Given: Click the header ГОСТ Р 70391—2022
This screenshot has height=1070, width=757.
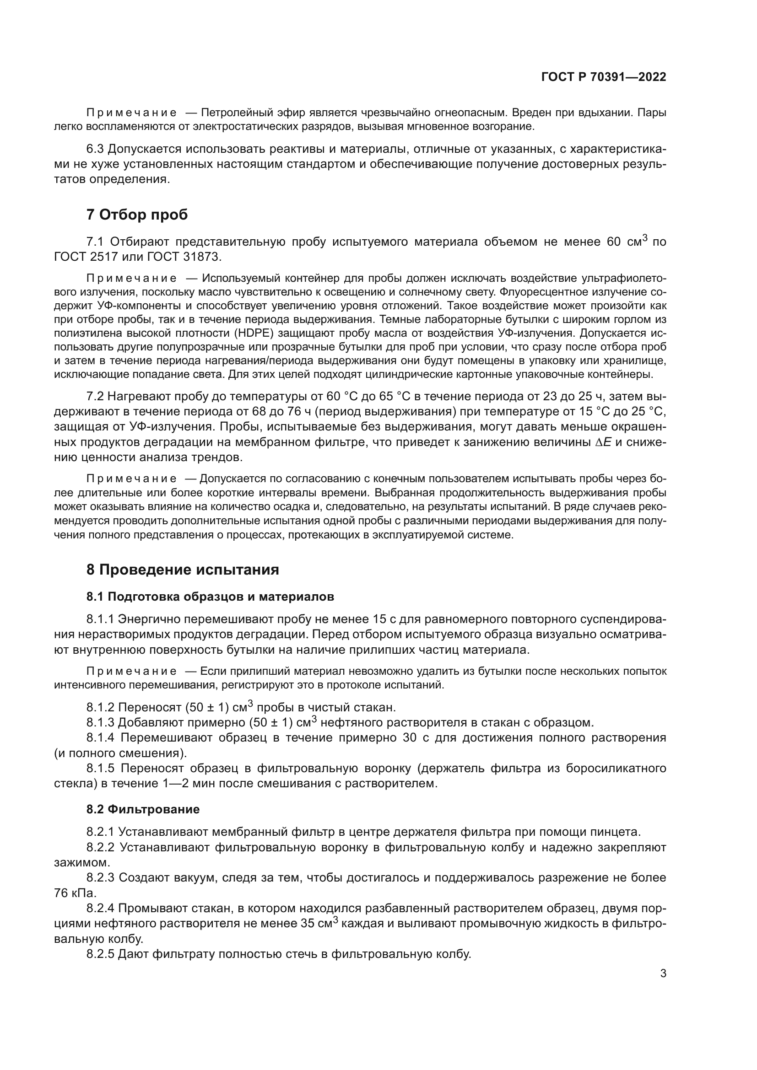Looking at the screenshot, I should tap(603, 77).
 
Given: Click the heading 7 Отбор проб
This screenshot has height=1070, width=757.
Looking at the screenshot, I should tap(137, 215).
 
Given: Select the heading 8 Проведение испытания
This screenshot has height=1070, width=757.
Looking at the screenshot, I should tap(182, 570).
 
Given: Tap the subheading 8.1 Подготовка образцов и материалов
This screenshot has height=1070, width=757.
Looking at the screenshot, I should tap(210, 597).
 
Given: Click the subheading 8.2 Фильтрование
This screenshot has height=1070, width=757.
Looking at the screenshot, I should tap(143, 809).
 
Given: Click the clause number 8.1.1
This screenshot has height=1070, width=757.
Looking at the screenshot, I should tap(100, 619).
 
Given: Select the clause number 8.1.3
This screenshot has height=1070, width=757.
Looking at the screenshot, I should tap(100, 723).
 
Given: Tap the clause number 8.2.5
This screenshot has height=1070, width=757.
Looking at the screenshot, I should tap(100, 954).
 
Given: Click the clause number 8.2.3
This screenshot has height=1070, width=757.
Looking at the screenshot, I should tap(100, 877).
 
